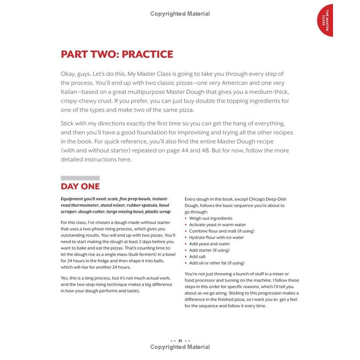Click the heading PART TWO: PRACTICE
tap(116, 54)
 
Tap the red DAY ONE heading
tap(80, 186)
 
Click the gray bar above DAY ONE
tap(80, 178)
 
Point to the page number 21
tap(180, 340)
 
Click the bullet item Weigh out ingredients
tap(210, 218)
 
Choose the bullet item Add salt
tap(199, 256)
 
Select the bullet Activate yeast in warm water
tap(217, 224)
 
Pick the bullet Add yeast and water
tap(209, 243)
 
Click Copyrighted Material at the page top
tap(180, 14)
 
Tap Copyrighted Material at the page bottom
tap(180, 347)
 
